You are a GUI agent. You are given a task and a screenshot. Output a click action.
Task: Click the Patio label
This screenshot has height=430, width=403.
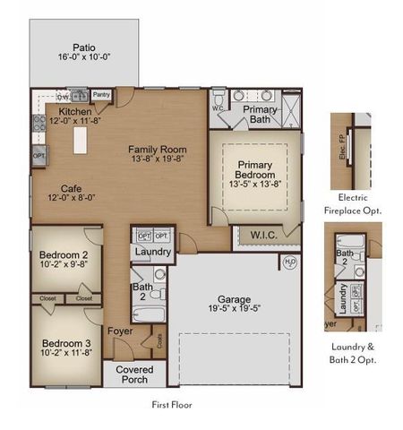click(x=84, y=47)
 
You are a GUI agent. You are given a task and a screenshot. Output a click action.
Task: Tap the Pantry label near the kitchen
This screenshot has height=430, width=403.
click(x=101, y=92)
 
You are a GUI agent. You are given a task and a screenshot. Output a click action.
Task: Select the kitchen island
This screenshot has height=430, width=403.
click(x=80, y=140)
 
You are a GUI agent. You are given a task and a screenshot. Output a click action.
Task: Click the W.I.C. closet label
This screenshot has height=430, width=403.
click(x=263, y=236)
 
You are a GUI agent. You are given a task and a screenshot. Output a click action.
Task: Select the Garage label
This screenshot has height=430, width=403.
click(x=234, y=299)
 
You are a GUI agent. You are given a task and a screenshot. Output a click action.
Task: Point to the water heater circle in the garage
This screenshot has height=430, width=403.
click(x=289, y=262)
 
